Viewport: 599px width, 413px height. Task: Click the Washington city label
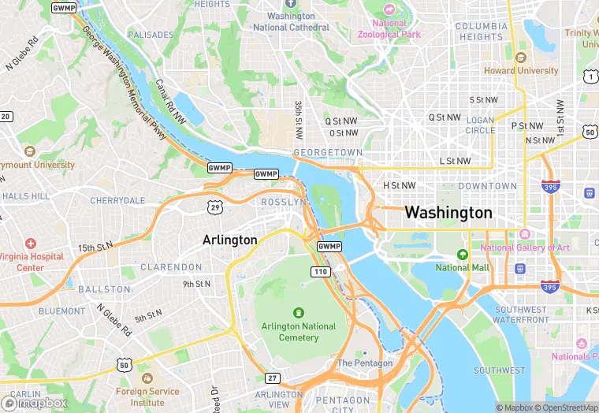pos(448,213)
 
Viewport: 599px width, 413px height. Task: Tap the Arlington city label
pos(229,240)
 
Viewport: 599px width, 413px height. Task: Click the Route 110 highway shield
pos(320,272)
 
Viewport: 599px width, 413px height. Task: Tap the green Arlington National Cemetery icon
pos(298,313)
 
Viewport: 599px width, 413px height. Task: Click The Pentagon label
pos(364,363)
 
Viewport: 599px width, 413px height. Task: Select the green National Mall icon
pos(463,255)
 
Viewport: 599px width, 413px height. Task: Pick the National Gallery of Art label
pos(524,247)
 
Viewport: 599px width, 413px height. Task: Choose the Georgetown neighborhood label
pos(327,152)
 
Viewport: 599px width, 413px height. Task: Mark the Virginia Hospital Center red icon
pos(31,245)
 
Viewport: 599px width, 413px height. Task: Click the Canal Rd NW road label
pos(169,102)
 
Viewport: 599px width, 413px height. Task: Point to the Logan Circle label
pos(480,125)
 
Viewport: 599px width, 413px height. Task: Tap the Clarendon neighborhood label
pos(171,267)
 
